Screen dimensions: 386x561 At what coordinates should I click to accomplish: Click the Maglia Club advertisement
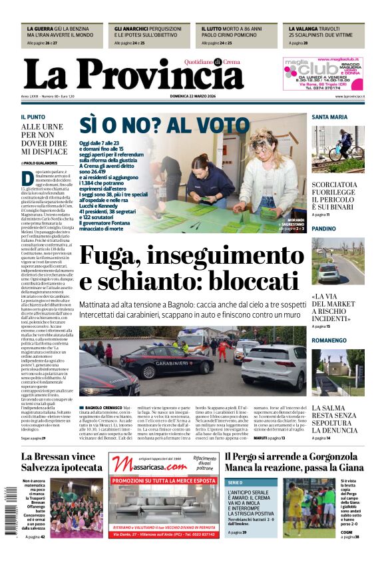point(323,74)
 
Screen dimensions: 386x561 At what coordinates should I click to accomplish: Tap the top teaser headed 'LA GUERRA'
point(61,35)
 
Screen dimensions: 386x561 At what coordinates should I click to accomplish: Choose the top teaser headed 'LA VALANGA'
point(325,35)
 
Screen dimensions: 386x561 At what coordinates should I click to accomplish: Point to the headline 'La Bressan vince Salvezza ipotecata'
point(62,462)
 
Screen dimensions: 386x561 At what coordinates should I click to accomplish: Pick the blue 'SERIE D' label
point(236,482)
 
